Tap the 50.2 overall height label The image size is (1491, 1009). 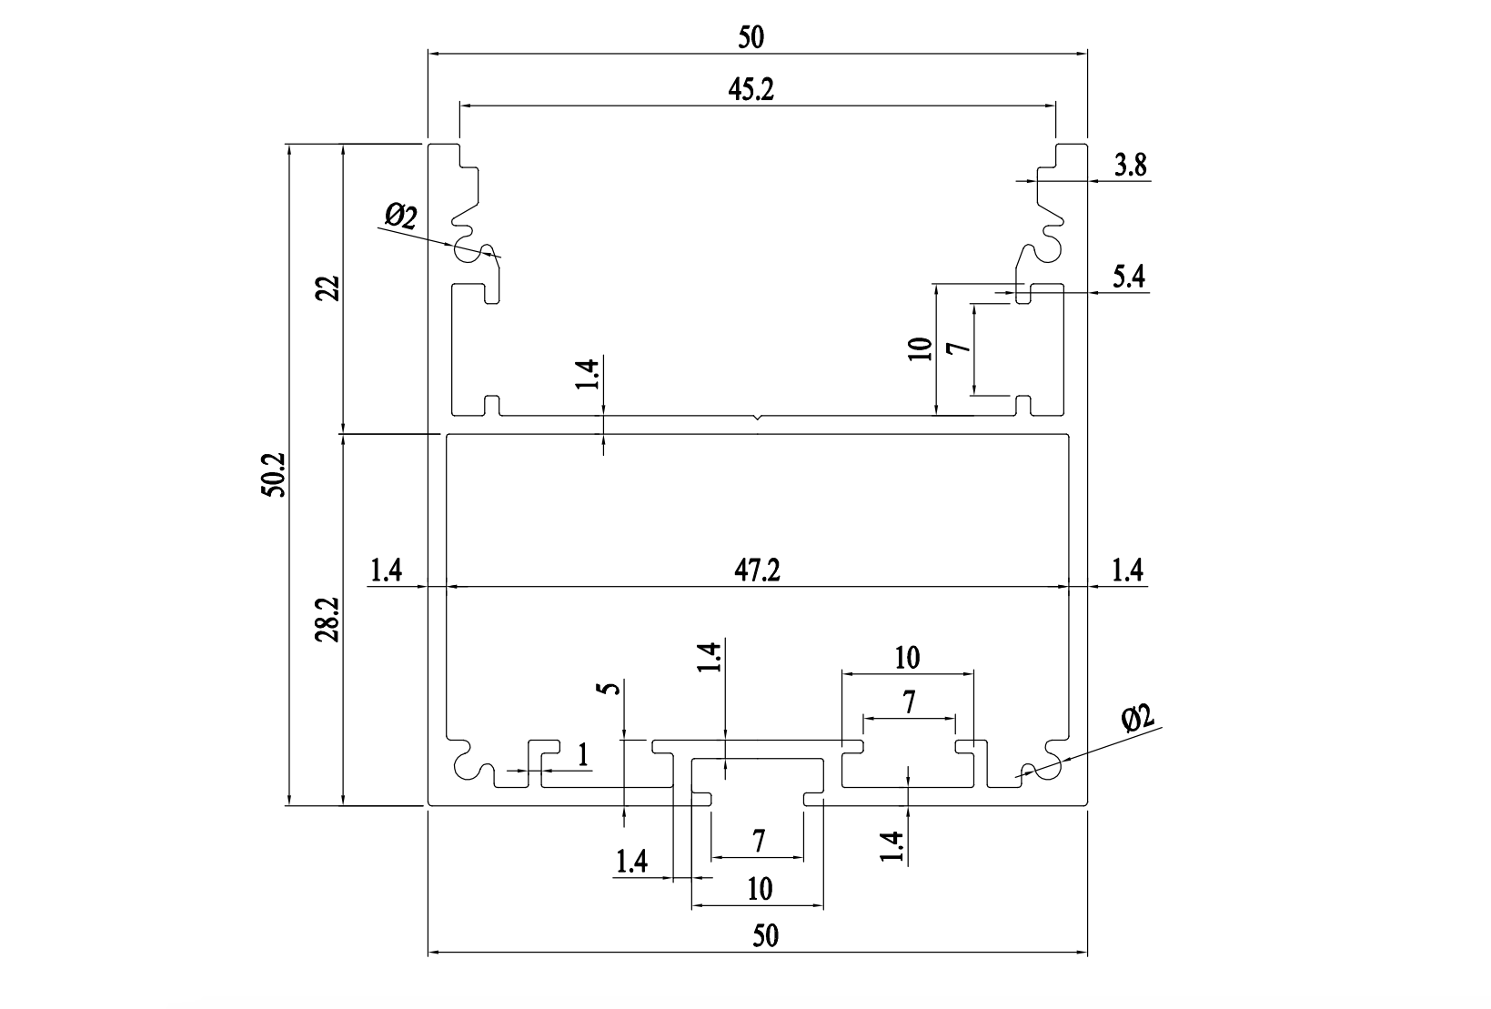tap(274, 474)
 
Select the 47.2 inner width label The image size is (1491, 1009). tap(757, 570)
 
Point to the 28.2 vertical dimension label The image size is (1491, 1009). tap(328, 620)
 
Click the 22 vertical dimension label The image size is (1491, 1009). tap(328, 288)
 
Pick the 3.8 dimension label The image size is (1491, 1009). tap(1130, 166)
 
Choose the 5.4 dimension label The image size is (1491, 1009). tap(1129, 277)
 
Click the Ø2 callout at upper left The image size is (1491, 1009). tap(401, 217)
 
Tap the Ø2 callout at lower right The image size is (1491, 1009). tap(1137, 719)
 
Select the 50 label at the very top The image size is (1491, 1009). tap(751, 37)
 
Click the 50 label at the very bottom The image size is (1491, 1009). tap(766, 936)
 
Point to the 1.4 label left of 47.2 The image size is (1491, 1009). tap(386, 570)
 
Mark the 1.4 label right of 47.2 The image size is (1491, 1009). tap(1127, 570)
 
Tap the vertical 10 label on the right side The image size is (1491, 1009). tap(921, 348)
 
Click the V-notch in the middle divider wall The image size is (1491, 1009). tap(758, 419)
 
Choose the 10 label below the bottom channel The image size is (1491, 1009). tap(760, 888)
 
